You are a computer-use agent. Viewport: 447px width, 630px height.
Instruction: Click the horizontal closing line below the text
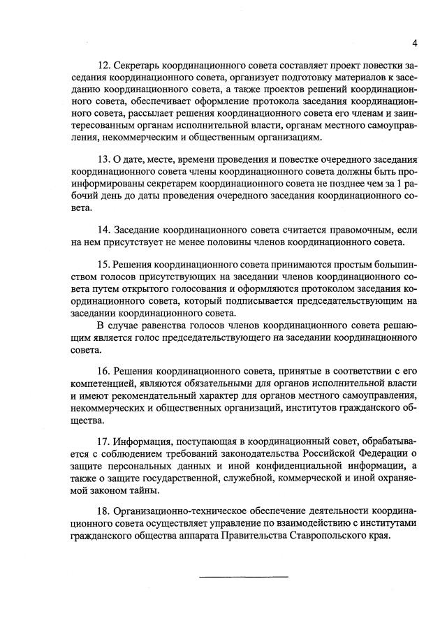pyautogui.click(x=244, y=576)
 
